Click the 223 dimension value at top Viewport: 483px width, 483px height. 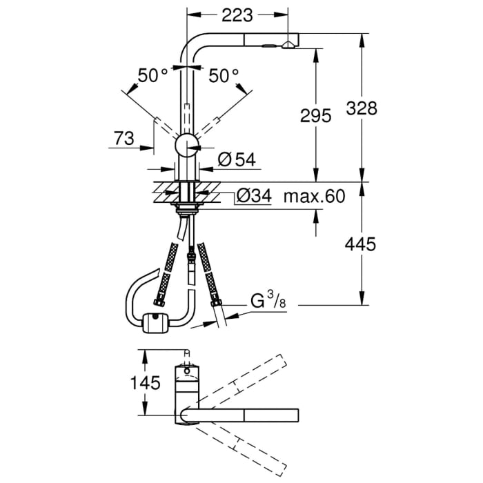[x=233, y=14]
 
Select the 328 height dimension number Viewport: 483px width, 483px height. [x=362, y=108]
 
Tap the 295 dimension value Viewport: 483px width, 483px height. [x=317, y=116]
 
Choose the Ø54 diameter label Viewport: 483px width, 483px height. [x=236, y=160]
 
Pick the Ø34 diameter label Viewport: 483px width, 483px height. [x=253, y=197]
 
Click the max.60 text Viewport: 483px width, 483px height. [x=314, y=197]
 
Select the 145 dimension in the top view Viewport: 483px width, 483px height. [x=144, y=382]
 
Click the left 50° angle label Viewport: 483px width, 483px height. [x=152, y=76]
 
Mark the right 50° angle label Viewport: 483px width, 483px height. [x=223, y=76]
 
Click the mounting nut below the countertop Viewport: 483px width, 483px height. [x=186, y=206]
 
